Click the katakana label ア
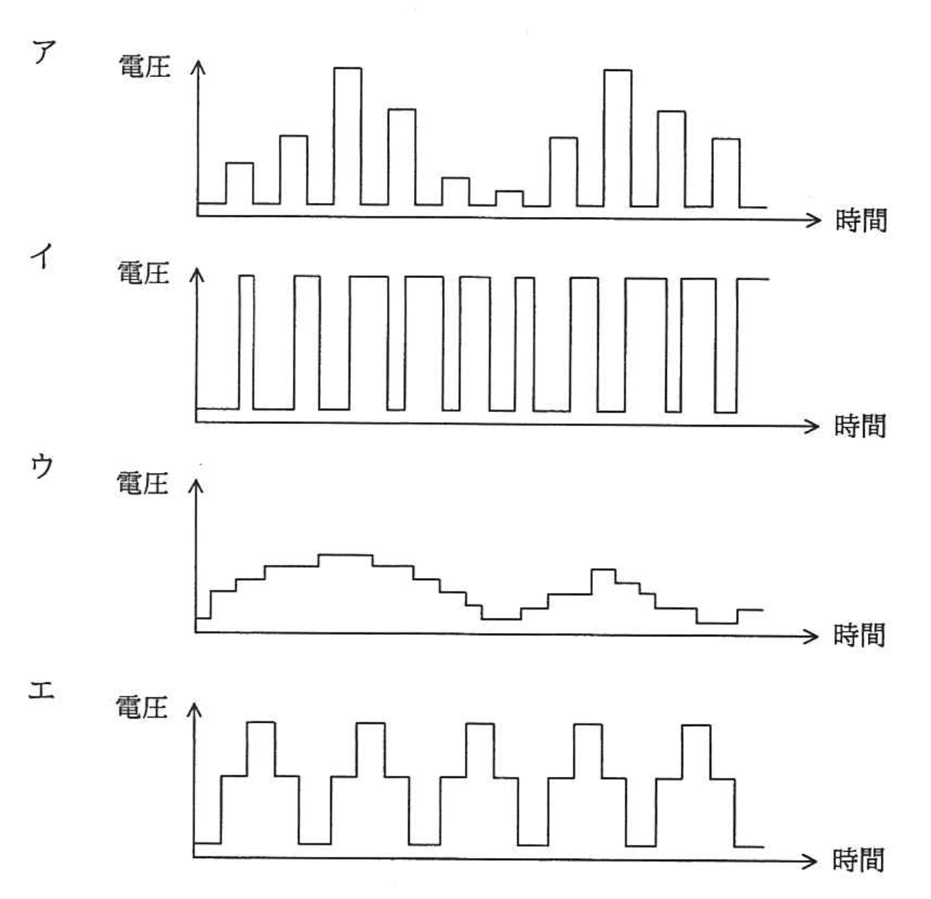click(44, 51)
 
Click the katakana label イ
click(42, 257)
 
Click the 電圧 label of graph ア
click(144, 66)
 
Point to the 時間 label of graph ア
click(861, 220)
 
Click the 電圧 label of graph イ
click(143, 273)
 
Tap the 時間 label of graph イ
click(860, 425)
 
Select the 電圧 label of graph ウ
click(142, 483)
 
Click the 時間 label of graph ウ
click(859, 634)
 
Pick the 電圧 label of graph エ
click(141, 707)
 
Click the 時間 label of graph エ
click(858, 859)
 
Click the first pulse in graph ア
click(240, 182)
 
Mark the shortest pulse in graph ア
click(509, 198)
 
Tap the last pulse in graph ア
click(725, 172)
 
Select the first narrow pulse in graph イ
click(246, 342)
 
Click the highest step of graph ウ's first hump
click(346, 555)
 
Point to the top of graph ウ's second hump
click(603, 570)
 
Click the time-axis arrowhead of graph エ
click(812, 861)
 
